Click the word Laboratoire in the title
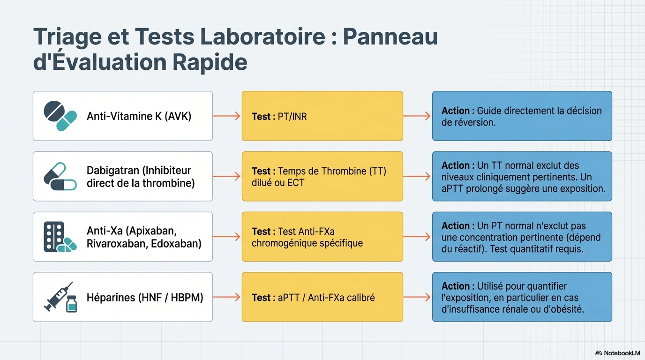[262, 37]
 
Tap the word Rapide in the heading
[210, 62]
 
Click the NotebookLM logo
[617, 353]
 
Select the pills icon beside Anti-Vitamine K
[60, 116]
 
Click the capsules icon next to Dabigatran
[60, 176]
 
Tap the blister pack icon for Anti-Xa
[60, 237]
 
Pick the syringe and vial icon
[60, 297]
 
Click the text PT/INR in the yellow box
[292, 117]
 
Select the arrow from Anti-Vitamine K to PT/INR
[226, 116]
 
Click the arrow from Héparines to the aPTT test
[226, 297]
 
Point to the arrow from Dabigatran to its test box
[226, 176]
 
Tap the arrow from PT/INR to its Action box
[417, 116]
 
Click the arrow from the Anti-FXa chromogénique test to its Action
[417, 237]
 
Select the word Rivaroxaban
[117, 244]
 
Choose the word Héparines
[111, 298]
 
